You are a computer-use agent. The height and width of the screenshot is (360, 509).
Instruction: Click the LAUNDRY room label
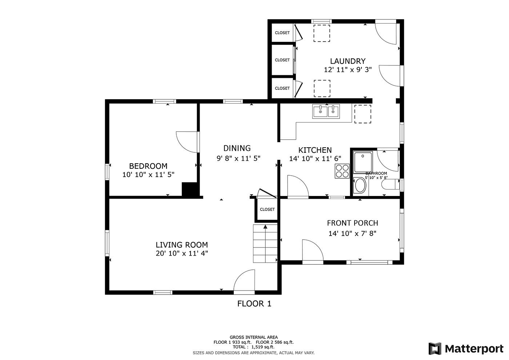pyautogui.click(x=348, y=61)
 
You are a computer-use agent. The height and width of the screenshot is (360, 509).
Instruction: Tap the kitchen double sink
pyautogui.click(x=326, y=111)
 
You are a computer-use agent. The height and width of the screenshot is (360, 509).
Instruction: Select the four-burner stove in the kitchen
pyautogui.click(x=342, y=171)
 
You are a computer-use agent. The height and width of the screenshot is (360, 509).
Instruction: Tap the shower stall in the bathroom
pyautogui.click(x=363, y=162)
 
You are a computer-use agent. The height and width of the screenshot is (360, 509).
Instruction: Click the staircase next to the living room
pyautogui.click(x=265, y=243)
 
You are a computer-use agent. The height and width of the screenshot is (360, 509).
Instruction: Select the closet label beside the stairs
pyautogui.click(x=267, y=209)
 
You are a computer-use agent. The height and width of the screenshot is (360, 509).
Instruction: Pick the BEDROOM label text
pyautogui.click(x=148, y=166)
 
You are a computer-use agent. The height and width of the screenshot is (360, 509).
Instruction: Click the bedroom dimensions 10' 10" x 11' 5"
pyautogui.click(x=148, y=175)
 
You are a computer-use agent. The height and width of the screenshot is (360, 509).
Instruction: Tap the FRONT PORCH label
pyautogui.click(x=352, y=223)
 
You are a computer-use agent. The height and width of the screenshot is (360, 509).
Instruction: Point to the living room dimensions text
pyautogui.click(x=182, y=253)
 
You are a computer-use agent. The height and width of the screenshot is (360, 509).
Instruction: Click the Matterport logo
pyautogui.click(x=466, y=349)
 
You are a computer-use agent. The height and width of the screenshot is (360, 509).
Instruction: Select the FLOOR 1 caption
pyautogui.click(x=254, y=304)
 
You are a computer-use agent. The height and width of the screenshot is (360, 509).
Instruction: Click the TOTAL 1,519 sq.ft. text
pyautogui.click(x=254, y=347)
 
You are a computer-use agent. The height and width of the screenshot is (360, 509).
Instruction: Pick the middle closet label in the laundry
pyautogui.click(x=282, y=60)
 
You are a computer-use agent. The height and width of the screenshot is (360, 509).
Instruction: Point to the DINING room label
pyautogui.click(x=237, y=148)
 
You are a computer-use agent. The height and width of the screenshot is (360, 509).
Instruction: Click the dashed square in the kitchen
pyautogui.click(x=363, y=114)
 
